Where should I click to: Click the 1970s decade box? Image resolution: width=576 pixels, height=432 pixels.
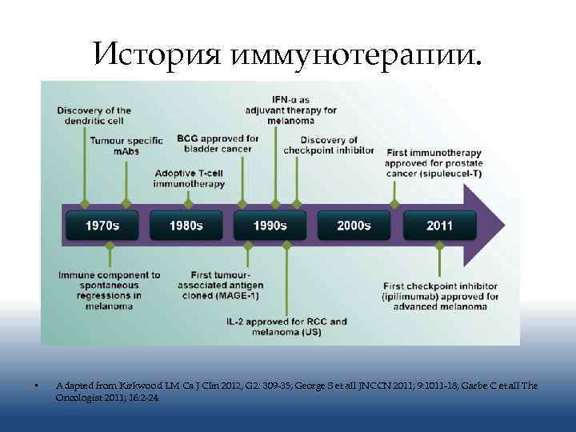(x=102, y=225)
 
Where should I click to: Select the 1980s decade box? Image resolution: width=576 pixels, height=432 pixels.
(x=186, y=225)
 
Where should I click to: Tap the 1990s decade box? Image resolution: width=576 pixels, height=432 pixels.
(x=270, y=225)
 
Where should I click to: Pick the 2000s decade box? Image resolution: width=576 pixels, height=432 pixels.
(x=354, y=225)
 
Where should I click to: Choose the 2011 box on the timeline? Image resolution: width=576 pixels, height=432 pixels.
(x=439, y=225)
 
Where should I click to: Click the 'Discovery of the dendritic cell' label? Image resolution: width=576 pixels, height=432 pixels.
(x=94, y=115)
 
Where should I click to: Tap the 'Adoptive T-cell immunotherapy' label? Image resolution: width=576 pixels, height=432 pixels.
(x=190, y=178)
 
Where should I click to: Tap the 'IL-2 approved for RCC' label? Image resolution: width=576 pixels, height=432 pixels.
(x=286, y=326)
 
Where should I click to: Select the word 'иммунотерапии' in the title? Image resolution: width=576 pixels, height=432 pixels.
(x=356, y=54)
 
